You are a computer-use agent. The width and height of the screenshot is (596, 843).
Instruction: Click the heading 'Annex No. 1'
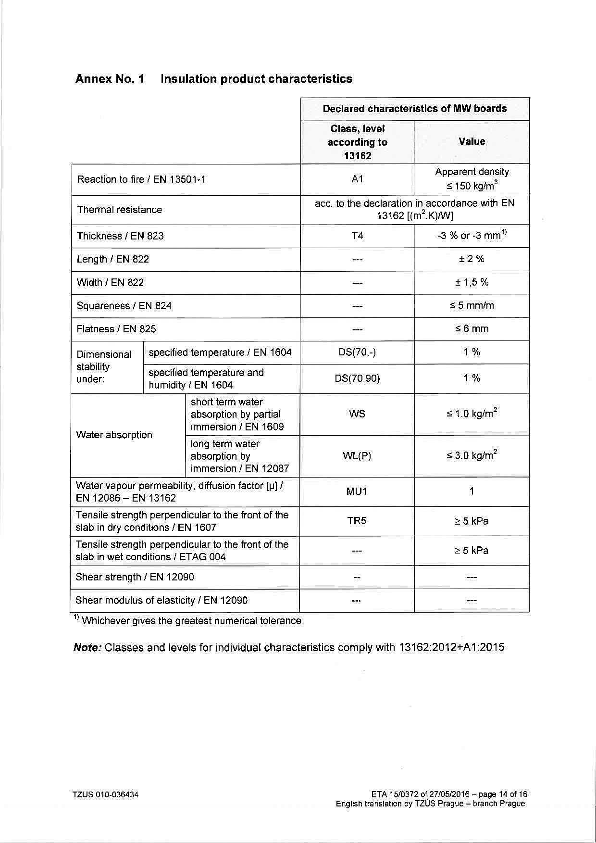(x=110, y=79)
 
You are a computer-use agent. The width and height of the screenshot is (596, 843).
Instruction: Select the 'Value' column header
(x=472, y=141)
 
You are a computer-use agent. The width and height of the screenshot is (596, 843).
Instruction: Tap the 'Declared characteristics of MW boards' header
(x=414, y=109)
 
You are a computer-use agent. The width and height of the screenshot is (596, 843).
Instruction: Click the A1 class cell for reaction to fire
(x=357, y=179)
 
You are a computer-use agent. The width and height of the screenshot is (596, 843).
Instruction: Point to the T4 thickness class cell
(x=357, y=236)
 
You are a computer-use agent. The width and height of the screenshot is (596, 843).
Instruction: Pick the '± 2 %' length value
(x=472, y=259)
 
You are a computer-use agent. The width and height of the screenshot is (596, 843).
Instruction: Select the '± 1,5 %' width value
(x=472, y=282)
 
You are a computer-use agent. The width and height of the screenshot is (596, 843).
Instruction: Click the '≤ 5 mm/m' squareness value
(x=472, y=305)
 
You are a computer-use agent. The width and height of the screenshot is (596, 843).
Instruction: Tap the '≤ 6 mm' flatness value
(x=472, y=329)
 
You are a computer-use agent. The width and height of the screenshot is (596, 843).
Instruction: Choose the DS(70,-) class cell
(x=357, y=352)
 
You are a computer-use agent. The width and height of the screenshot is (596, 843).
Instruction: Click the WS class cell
(x=357, y=414)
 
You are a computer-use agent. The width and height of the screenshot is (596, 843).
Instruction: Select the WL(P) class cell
(x=357, y=456)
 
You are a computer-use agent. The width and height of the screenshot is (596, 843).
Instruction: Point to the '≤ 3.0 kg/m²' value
(x=472, y=455)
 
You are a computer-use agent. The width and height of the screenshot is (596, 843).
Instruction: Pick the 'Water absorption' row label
(x=114, y=435)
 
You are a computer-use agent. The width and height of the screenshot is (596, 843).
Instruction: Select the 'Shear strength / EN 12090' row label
(x=135, y=577)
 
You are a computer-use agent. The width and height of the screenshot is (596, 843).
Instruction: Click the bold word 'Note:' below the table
(x=87, y=647)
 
